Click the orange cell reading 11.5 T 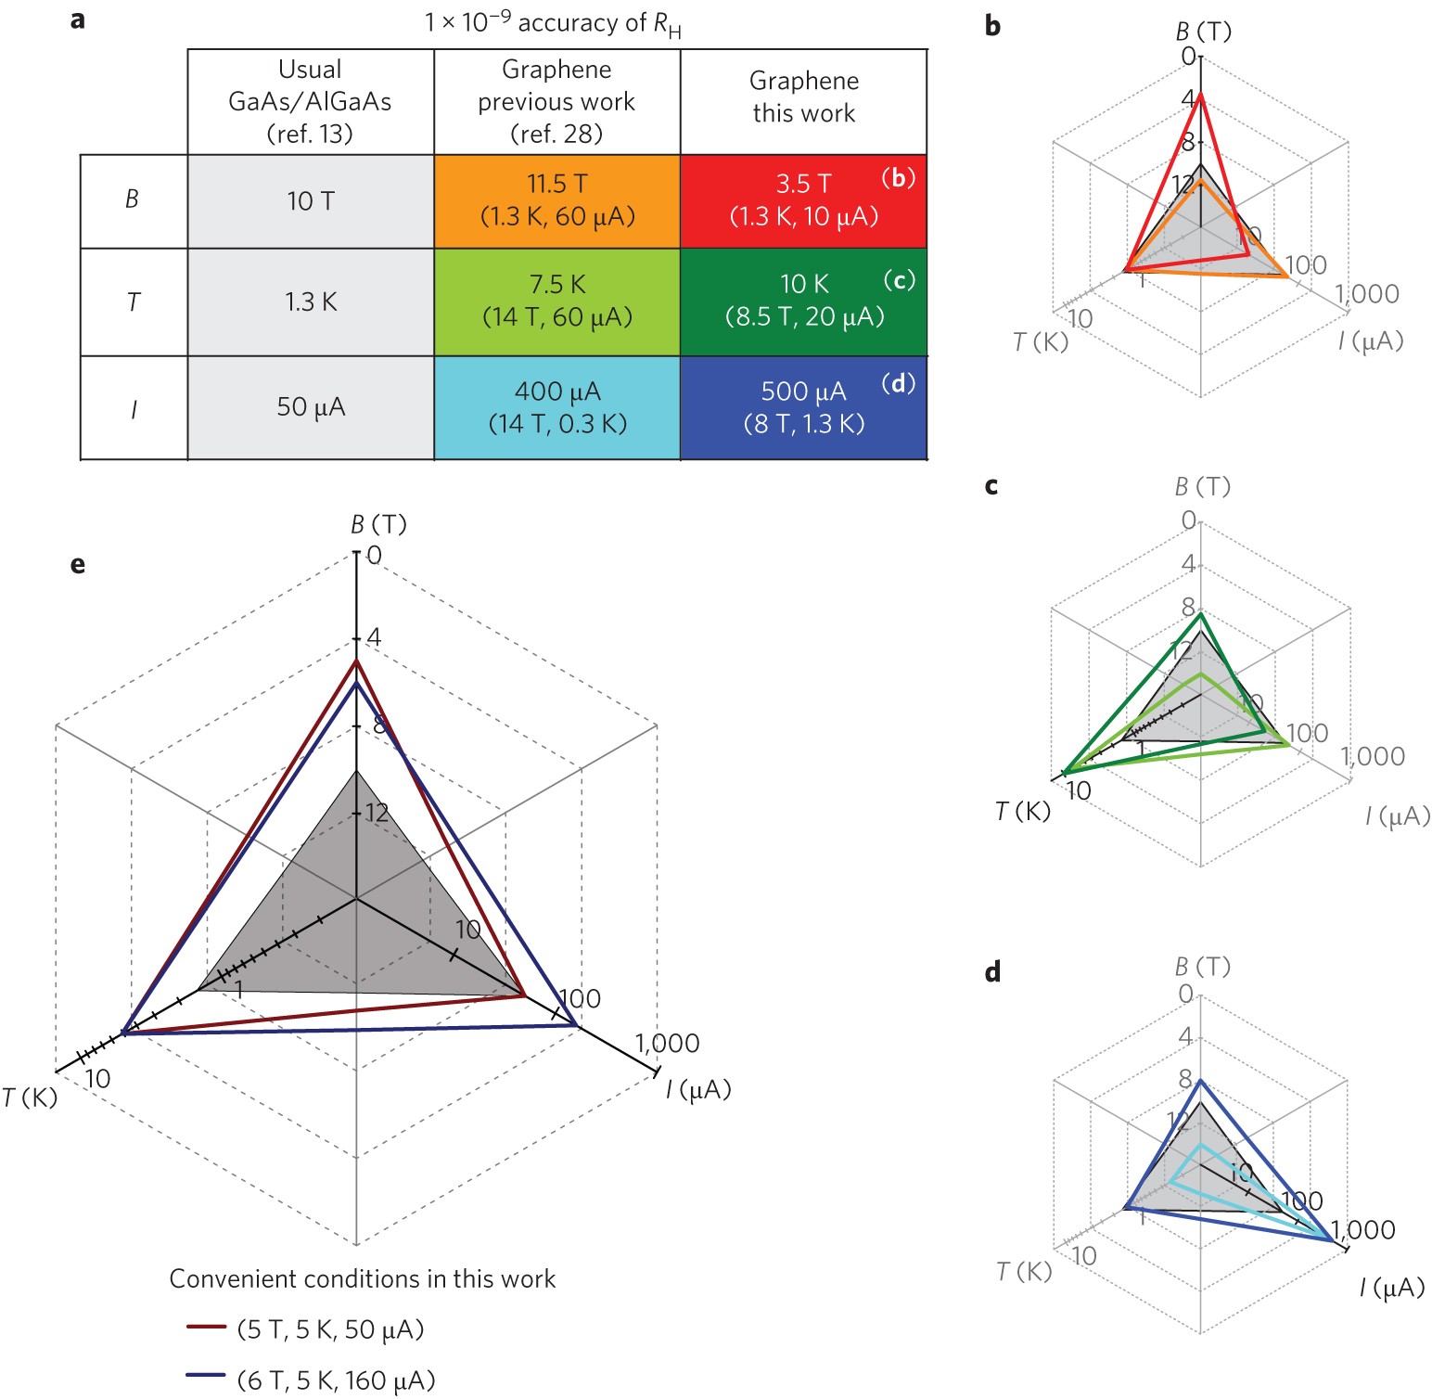[556, 200]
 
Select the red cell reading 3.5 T [803, 200]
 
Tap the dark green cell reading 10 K [803, 301]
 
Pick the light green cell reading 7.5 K [556, 301]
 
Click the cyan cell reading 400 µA [556, 407]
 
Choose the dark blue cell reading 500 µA [803, 407]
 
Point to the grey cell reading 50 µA [311, 407]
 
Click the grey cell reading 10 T [311, 200]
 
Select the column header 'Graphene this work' [803, 97]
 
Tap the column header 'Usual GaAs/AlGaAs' [311, 101]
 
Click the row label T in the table [134, 302]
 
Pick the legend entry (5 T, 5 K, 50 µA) [330, 1329]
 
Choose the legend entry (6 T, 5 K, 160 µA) [336, 1380]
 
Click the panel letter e [78, 564]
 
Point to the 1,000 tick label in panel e [667, 1044]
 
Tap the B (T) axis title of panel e [378, 525]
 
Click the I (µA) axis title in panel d [1391, 1288]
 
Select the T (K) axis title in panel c [1023, 812]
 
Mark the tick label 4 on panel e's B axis [374, 637]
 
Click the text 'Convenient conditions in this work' [363, 1278]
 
